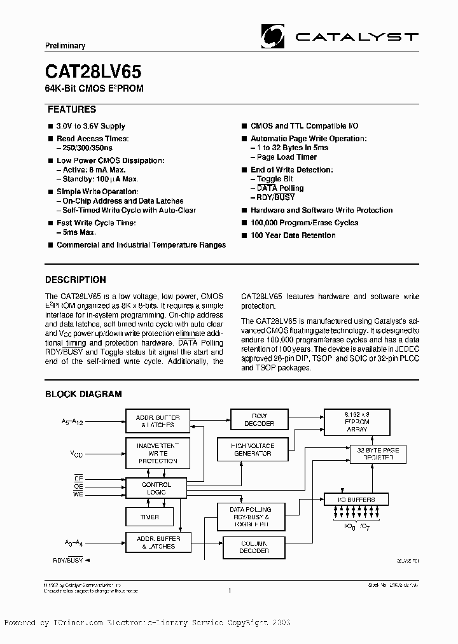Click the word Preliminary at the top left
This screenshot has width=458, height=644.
(x=66, y=46)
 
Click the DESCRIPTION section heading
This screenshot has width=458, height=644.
(x=76, y=279)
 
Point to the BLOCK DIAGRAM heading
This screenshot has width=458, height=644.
(x=83, y=395)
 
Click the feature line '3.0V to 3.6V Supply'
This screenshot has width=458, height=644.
(x=91, y=126)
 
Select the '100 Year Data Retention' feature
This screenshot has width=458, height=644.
(x=293, y=235)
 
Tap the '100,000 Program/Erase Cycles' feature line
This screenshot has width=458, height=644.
(x=304, y=223)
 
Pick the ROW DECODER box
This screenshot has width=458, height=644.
(x=259, y=419)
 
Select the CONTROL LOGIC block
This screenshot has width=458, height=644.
(x=156, y=489)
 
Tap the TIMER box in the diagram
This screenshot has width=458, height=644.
(x=150, y=517)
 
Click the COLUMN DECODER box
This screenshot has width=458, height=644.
(x=254, y=547)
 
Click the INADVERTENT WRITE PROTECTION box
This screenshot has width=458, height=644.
(x=156, y=453)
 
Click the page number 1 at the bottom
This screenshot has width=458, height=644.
(x=229, y=591)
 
